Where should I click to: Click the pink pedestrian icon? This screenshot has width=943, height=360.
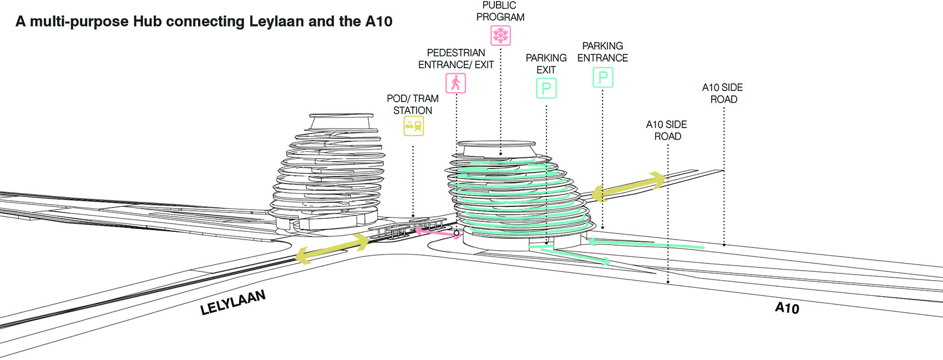455,83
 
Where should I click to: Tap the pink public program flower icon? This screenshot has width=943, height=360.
500,36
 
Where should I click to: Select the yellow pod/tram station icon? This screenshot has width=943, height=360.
413,126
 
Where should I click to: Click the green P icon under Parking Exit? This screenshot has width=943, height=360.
546,88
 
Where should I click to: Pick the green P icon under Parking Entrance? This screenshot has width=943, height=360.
603,78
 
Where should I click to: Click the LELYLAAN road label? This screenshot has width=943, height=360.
233,302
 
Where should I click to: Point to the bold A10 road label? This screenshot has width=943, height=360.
787,308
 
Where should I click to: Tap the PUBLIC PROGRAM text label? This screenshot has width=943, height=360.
500,11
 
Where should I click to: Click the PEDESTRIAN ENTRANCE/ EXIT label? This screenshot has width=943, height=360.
456,59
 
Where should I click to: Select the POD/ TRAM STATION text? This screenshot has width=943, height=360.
413,104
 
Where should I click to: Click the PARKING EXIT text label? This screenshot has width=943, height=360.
546,64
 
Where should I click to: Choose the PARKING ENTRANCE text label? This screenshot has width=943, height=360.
602,52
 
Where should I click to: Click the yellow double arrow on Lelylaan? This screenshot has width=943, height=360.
332,249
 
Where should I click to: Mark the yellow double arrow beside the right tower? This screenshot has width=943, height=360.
628,187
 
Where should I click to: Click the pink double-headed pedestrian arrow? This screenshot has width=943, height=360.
438,234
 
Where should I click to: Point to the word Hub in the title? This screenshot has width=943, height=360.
148,21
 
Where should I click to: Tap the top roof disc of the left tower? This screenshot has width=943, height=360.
341,115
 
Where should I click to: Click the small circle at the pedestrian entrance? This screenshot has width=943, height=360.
457,233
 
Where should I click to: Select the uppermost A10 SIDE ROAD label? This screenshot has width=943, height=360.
723,93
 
